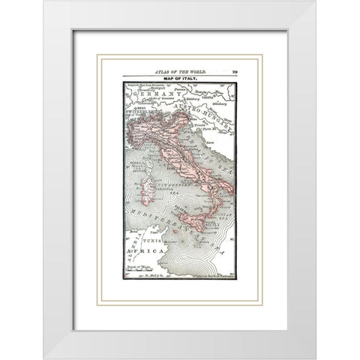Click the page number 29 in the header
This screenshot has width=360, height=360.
coord(233,69)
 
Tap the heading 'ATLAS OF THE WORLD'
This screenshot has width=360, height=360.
coord(179,70)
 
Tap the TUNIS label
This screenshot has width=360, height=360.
coord(154,241)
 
